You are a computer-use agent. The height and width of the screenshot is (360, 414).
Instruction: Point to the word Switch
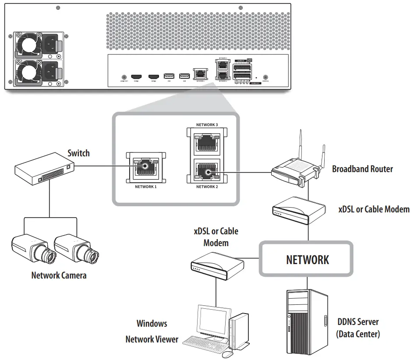pyautogui.click(x=78, y=153)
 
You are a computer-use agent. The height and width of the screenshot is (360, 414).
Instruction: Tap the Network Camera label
pyautogui.click(x=59, y=275)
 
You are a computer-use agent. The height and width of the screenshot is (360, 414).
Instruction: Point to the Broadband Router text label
pyautogui.click(x=362, y=169)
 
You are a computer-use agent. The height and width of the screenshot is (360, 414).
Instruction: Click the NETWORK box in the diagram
pyautogui.click(x=307, y=259)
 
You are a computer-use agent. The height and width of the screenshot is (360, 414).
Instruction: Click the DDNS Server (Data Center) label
pyautogui.click(x=357, y=328)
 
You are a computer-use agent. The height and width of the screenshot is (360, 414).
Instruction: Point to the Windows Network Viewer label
pyautogui.click(x=152, y=331)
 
